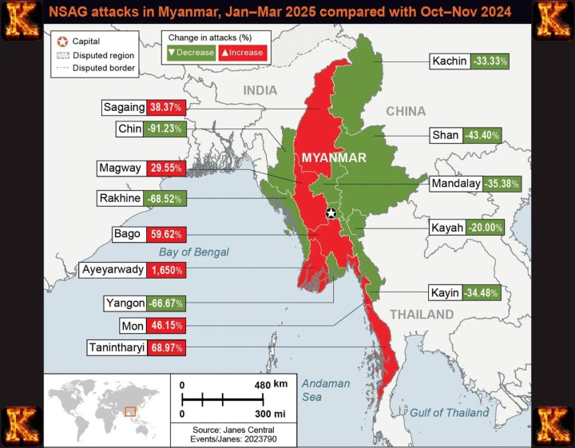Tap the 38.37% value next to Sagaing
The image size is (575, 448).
point(165,107)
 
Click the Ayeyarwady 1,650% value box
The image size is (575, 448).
point(166,270)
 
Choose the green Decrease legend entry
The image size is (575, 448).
point(189,53)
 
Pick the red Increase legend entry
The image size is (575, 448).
point(242,53)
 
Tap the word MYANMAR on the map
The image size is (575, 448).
point(333,158)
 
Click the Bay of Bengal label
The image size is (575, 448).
point(193,252)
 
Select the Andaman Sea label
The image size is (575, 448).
point(325,390)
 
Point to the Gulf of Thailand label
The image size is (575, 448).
point(449,413)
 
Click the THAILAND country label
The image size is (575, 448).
point(421,315)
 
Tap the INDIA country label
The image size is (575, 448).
point(260,90)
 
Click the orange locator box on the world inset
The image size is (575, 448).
point(130,411)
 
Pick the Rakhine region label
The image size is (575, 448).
point(120,198)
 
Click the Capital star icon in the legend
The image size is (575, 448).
point(61,41)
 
